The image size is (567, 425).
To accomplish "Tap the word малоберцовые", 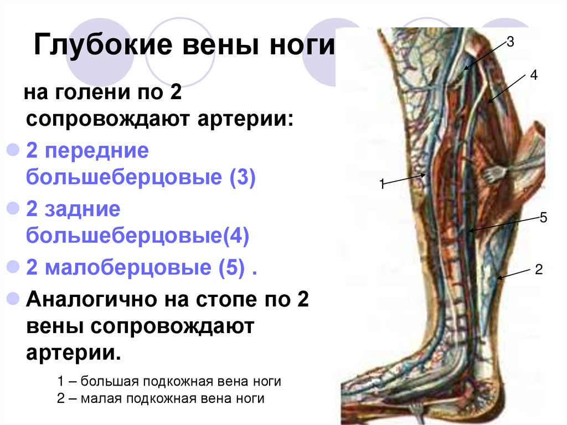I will coord(127,268).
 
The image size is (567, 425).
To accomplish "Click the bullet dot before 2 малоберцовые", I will coord(12,268).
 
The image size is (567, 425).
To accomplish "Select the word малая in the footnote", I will coord(104,398).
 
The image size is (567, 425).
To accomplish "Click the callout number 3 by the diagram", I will coord(510,43).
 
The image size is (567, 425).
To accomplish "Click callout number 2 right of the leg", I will coord(538,270).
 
